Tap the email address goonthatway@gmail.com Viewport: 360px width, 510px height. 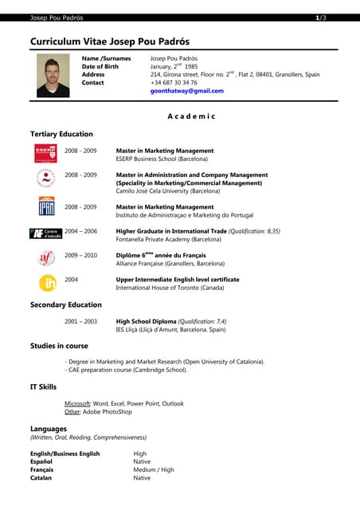point(186,91)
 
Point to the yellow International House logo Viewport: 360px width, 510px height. point(47,283)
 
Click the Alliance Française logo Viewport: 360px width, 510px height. point(46,258)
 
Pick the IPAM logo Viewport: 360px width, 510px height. point(46,208)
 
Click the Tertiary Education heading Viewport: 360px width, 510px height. point(61,134)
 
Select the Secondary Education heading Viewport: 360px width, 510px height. point(66,304)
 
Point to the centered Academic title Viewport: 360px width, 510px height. point(191,116)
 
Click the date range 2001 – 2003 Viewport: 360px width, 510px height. point(80,321)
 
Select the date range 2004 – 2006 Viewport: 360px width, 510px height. point(80,231)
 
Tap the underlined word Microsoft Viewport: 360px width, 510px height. point(76,404)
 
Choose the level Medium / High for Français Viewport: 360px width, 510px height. point(153,469)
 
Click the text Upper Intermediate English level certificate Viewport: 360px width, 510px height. point(177,280)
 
